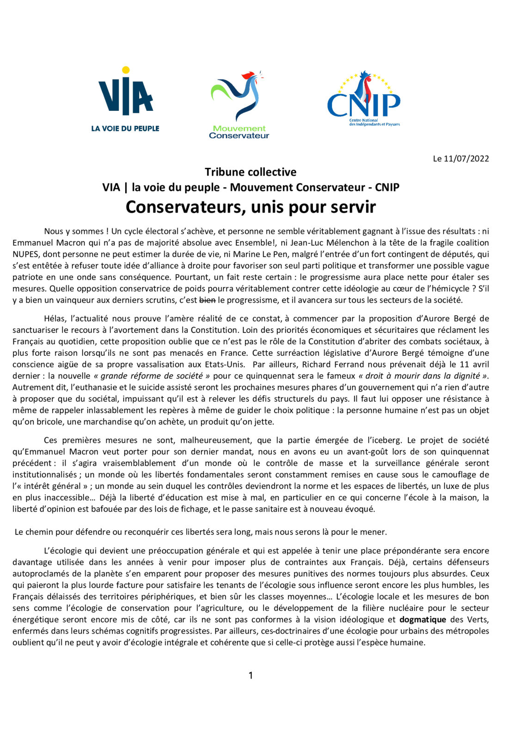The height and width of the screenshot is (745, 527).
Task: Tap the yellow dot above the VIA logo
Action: tap(125, 70)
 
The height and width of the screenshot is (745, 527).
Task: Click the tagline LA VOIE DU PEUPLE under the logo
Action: tap(125, 128)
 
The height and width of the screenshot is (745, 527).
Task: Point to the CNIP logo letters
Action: tap(363, 105)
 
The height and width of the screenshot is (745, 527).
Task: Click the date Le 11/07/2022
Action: tap(461, 159)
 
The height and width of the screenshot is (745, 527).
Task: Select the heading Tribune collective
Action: tap(251, 172)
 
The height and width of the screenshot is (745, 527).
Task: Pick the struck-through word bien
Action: tap(208, 300)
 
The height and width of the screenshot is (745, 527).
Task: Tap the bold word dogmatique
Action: tap(423, 619)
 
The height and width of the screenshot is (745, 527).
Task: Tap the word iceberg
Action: tap(387, 440)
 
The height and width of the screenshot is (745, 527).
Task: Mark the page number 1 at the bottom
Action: tap(251, 675)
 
